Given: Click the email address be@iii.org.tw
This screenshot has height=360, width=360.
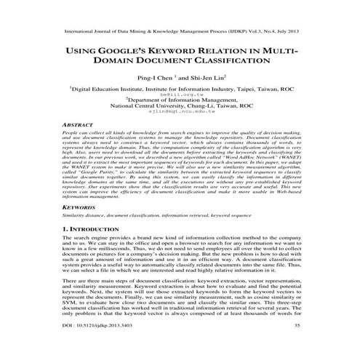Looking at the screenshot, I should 180,95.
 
